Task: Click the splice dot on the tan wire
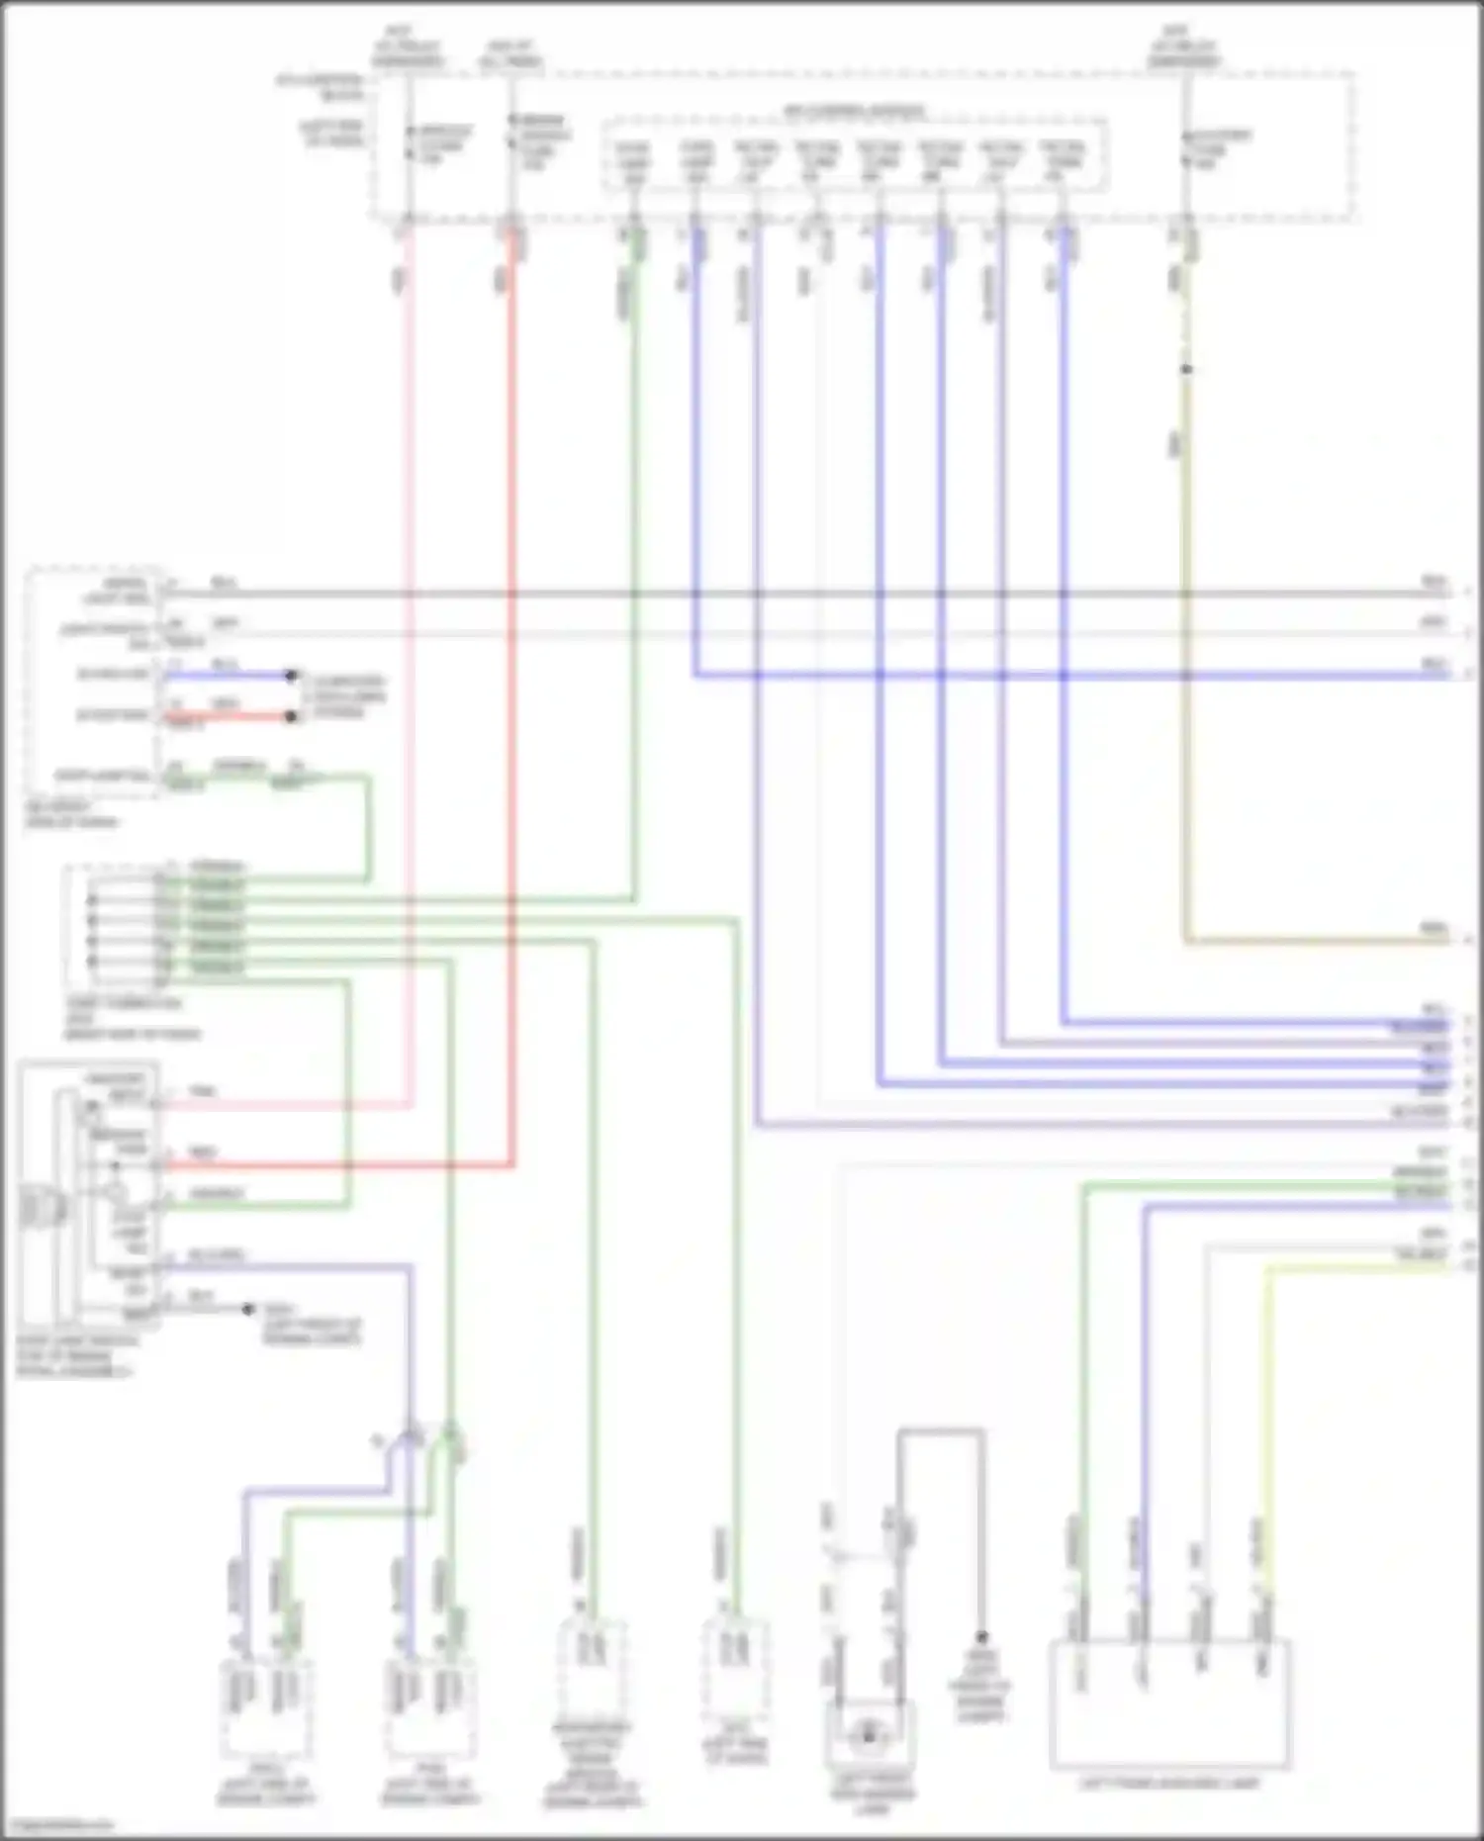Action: point(1186,370)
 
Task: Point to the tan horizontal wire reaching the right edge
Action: point(1316,940)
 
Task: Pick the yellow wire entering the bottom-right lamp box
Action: point(1267,1434)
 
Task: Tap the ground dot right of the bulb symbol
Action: point(982,1637)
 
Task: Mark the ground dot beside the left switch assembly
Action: point(248,1309)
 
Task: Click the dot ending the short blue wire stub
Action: point(291,676)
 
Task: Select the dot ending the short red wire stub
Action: point(291,716)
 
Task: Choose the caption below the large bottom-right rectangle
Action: point(1168,1783)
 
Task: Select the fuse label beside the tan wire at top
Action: point(1221,148)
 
